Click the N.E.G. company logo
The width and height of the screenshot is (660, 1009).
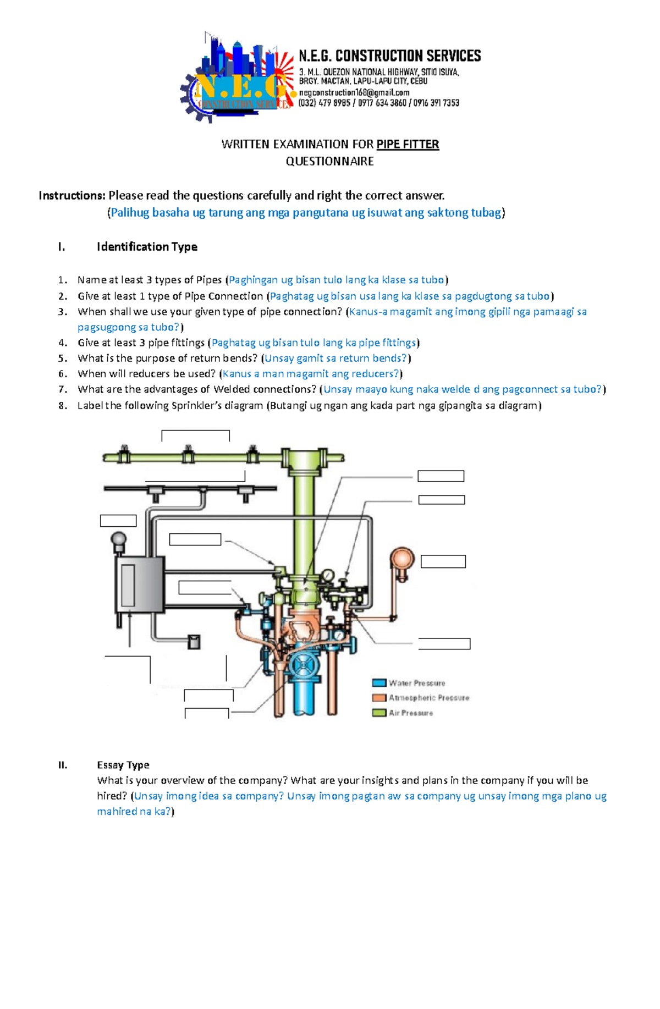pyautogui.click(x=237, y=77)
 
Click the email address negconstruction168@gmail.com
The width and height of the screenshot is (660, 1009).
pyautogui.click(x=354, y=92)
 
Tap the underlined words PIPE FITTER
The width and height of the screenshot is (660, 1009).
pyautogui.click(x=408, y=144)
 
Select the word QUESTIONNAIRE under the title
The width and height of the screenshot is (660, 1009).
pyautogui.click(x=329, y=161)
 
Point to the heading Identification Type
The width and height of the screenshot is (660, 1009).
pyautogui.click(x=147, y=246)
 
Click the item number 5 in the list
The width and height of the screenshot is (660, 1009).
pyautogui.click(x=63, y=359)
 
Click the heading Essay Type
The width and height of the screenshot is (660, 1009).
pyautogui.click(x=123, y=765)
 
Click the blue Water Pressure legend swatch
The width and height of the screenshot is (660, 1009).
pyautogui.click(x=378, y=683)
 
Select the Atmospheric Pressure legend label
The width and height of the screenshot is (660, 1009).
pyautogui.click(x=429, y=698)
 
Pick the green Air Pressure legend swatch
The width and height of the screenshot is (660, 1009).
pyautogui.click(x=378, y=713)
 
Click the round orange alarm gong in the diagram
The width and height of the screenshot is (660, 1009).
pyautogui.click(x=402, y=559)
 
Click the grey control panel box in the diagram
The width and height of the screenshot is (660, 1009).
pyautogui.click(x=140, y=585)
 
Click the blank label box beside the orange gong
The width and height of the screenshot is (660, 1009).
pyautogui.click(x=443, y=561)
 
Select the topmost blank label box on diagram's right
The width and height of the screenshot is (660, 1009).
pyautogui.click(x=441, y=476)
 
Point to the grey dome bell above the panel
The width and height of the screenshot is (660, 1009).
pyautogui.click(x=118, y=539)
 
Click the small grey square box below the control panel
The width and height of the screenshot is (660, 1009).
pyautogui.click(x=194, y=642)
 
